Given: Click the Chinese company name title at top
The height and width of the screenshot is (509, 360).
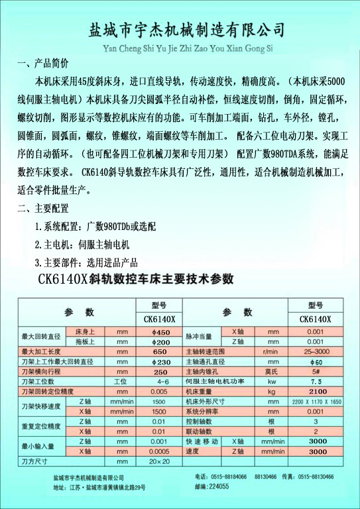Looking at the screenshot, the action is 186,30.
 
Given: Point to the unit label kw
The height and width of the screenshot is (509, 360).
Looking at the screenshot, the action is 272,382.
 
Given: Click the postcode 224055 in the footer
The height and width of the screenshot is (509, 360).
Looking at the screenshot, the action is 217,486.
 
